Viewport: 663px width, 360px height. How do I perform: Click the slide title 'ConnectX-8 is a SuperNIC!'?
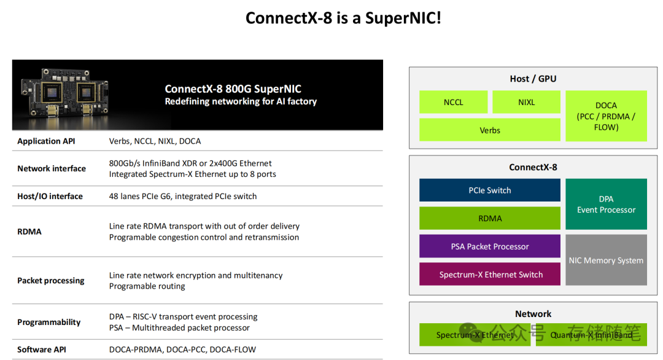343,18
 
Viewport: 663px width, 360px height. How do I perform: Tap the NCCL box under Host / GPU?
453,102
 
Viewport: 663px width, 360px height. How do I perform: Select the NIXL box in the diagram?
526,102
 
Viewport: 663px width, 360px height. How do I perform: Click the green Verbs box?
489,130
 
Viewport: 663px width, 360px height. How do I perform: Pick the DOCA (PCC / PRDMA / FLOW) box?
606,116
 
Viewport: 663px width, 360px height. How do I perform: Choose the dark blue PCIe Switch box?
489,190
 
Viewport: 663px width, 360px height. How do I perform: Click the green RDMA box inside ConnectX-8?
489,218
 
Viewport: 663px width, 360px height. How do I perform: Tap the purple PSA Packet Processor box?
489,246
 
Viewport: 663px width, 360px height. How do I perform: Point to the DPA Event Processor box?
606,204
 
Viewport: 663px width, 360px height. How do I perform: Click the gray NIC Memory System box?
606,260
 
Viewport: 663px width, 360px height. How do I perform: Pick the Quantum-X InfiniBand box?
591,335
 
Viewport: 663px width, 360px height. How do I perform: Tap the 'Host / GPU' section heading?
533,79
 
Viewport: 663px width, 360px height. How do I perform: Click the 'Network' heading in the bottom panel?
533,314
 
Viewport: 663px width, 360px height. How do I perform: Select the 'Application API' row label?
47,141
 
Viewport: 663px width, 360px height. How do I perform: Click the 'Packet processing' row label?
51,281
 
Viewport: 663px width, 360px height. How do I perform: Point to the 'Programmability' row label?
49,323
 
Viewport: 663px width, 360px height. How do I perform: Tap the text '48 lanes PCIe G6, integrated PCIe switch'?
183,197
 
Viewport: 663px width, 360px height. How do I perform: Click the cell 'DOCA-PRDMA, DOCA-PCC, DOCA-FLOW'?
182,350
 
